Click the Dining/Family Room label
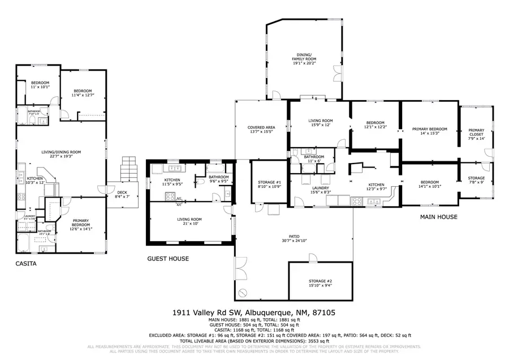click(304, 58)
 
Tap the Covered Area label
click(261, 130)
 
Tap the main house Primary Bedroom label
click(429, 131)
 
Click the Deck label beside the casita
click(122, 194)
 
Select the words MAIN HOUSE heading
click(438, 217)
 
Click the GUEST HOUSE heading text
click(168, 259)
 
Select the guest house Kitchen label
click(172, 182)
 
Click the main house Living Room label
click(320, 123)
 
